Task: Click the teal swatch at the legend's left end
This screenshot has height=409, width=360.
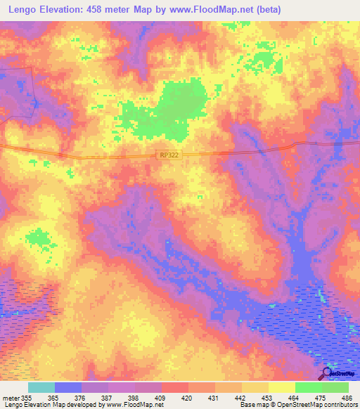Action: (x=41, y=387)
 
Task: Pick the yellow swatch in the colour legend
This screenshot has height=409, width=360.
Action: (x=281, y=387)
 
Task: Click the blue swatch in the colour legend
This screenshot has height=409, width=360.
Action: (x=68, y=387)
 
